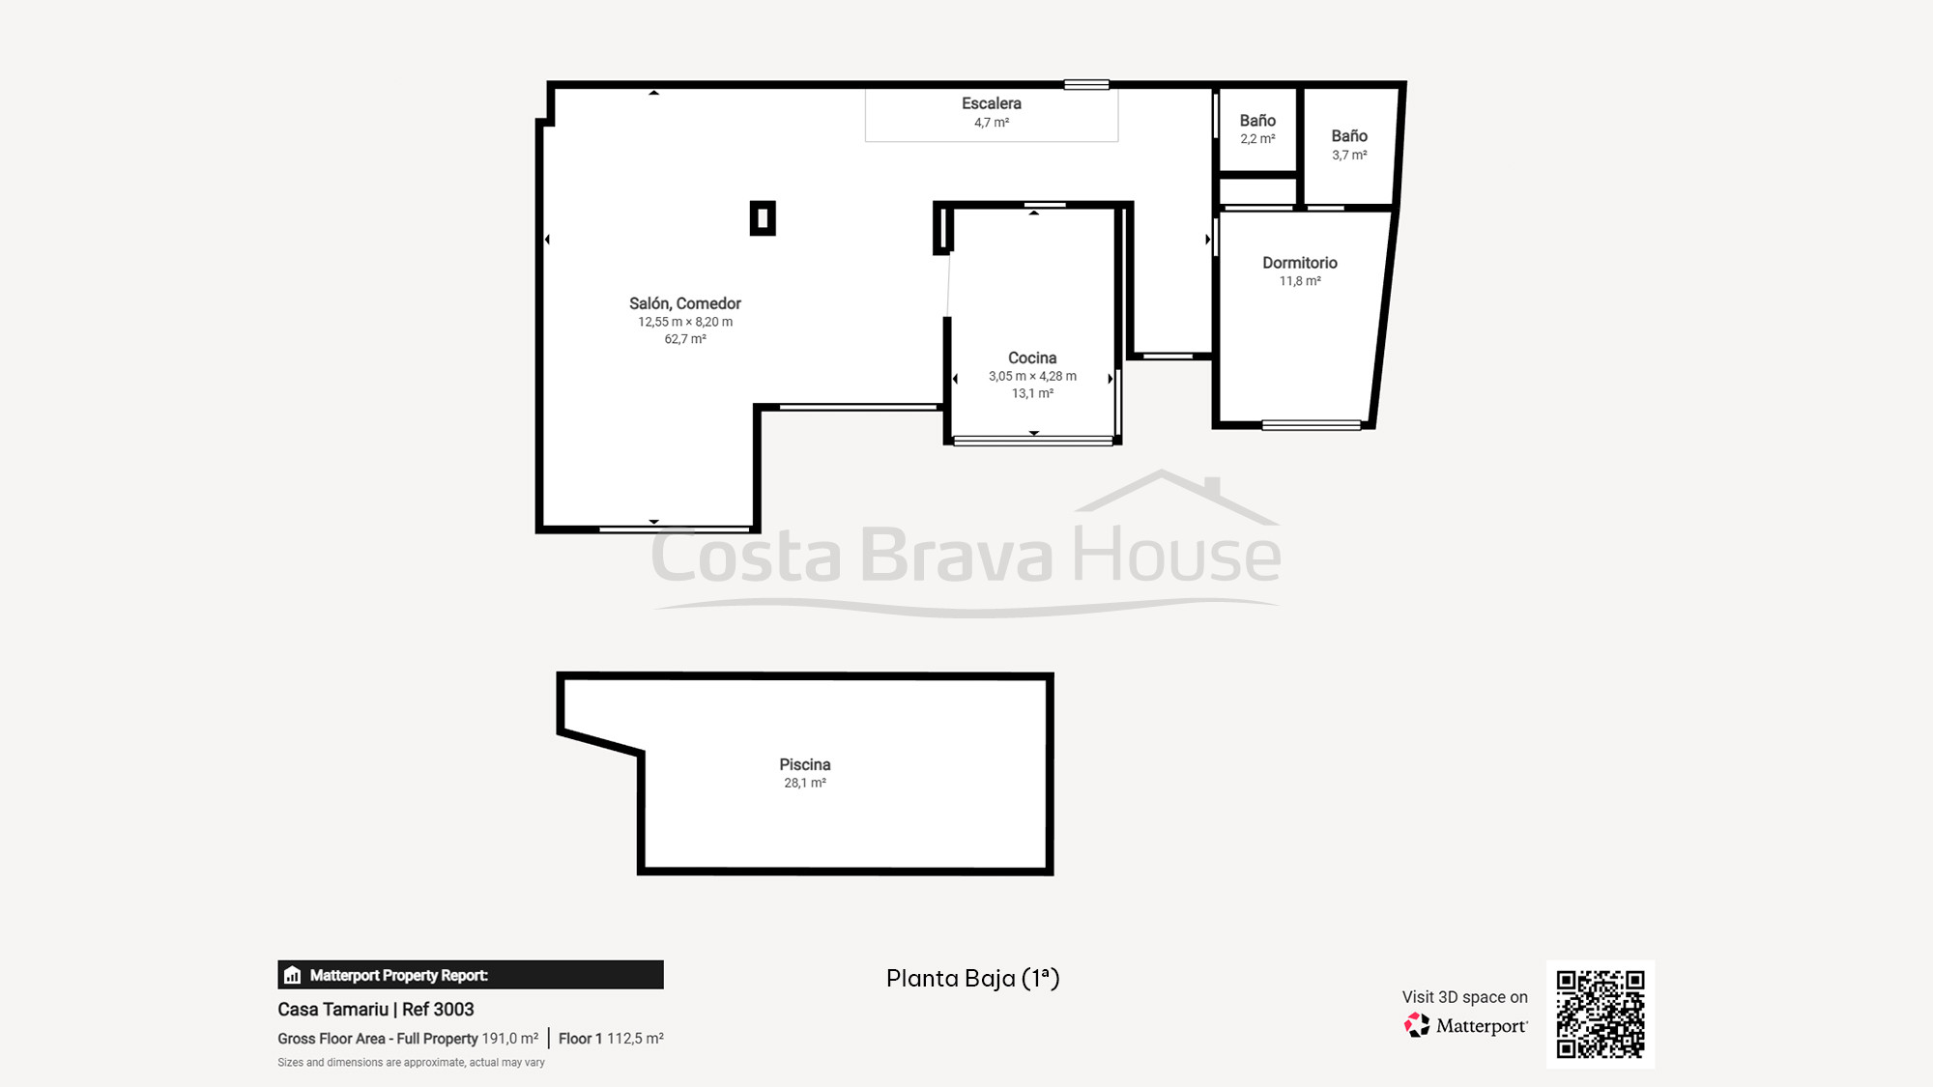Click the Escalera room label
991,103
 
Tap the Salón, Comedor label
684,303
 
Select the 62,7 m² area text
684,339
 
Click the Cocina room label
1031,358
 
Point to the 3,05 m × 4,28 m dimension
1031,376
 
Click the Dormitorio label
1299,263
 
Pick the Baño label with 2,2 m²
1257,121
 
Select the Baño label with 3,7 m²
1349,136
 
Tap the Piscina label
804,764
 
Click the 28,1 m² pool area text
804,783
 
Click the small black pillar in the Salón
763,218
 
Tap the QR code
1600,1014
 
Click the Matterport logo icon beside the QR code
1417,1025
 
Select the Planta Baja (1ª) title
972,978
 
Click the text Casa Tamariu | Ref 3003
375,1009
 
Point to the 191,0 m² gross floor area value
509,1039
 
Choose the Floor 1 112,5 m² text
611,1039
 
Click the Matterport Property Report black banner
470,975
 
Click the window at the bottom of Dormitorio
1311,425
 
